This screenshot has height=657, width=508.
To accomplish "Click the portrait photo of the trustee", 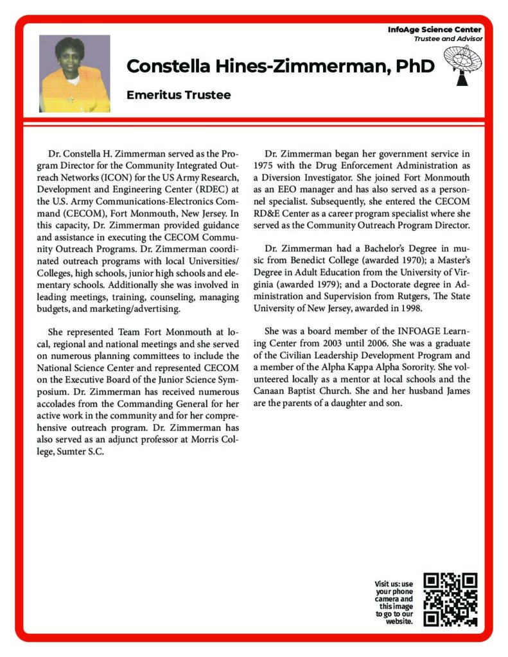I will click(x=74, y=73).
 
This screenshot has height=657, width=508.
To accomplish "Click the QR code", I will click(x=451, y=599).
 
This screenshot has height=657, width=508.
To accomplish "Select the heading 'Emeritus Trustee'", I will click(x=179, y=95).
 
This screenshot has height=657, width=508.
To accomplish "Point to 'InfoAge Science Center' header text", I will click(x=435, y=30).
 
